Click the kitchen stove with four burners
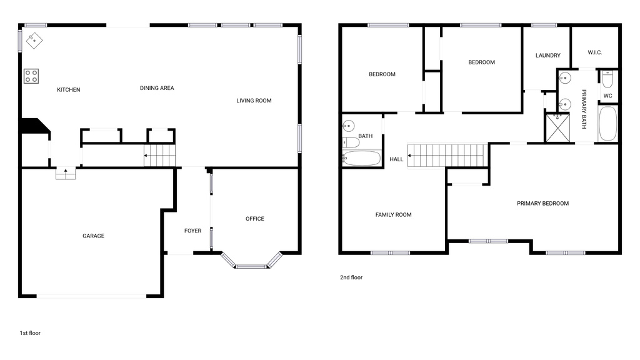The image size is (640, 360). pos(31,76)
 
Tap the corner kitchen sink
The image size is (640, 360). pos(34,41)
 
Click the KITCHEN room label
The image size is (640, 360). pos(69,90)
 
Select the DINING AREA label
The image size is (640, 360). pos(157,88)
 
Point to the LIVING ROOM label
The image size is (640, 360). pos(254,101)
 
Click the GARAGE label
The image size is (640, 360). pos(94,236)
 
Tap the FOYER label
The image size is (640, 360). pos(192,231)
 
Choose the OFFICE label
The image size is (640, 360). pos(254,219)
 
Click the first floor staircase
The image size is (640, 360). pos(160,156)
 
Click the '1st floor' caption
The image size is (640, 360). pos(30,333)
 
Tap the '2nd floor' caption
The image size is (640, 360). pos(351,277)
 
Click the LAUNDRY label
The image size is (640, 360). pos(548,56)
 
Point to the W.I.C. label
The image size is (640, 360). pos(594,52)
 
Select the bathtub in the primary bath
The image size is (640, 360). pos(607,124)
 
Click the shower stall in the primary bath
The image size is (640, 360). pos(557,127)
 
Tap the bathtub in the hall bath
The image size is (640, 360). pos(362,158)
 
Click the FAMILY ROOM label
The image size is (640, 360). pos(393,215)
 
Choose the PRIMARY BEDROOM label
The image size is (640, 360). pos(542,203)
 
